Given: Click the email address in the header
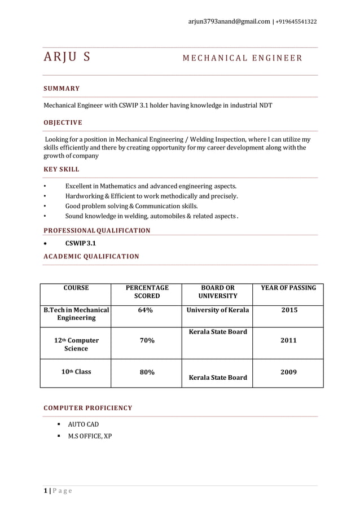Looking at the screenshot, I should (x=229, y=21).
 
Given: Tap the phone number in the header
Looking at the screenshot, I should (x=296, y=21).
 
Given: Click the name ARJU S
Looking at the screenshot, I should (x=65, y=57).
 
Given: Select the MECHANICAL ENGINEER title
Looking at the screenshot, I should (x=242, y=58).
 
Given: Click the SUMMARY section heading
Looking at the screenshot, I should (x=62, y=89).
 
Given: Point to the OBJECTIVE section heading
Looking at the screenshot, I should (x=63, y=122).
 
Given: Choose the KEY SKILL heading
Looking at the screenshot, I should (x=62, y=169).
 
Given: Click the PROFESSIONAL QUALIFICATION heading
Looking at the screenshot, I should (x=97, y=230).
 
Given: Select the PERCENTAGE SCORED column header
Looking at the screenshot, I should (x=147, y=292).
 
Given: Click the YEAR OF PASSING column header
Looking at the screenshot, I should (x=288, y=288).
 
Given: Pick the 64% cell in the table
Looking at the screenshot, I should (x=147, y=310).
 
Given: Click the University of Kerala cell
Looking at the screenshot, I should (x=218, y=310).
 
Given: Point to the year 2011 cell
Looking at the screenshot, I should (x=288, y=340).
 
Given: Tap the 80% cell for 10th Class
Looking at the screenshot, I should (x=147, y=372).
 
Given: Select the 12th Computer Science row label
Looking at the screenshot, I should (x=76, y=344).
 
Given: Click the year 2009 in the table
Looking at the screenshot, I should (x=288, y=372).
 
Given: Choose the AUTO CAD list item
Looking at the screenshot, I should (x=84, y=424).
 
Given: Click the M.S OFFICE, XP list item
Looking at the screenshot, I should (x=90, y=436).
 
